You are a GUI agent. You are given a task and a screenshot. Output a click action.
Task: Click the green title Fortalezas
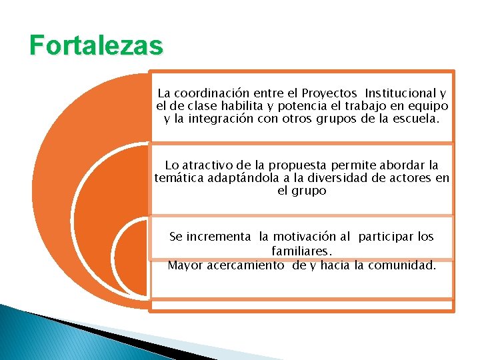96,46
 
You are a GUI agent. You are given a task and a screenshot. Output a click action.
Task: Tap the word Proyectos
329,93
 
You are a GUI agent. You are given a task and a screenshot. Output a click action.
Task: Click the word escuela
417,119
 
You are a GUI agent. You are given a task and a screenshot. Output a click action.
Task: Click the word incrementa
219,237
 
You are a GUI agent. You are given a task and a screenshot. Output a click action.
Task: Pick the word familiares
301,251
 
